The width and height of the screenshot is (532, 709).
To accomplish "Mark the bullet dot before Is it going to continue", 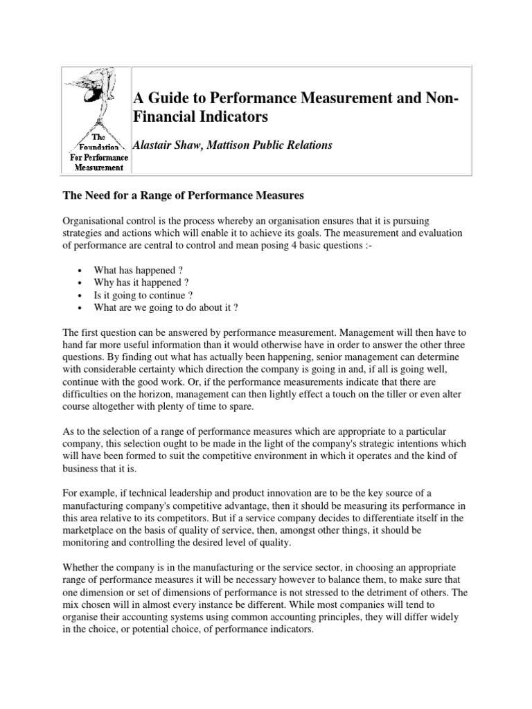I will click(81, 296).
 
